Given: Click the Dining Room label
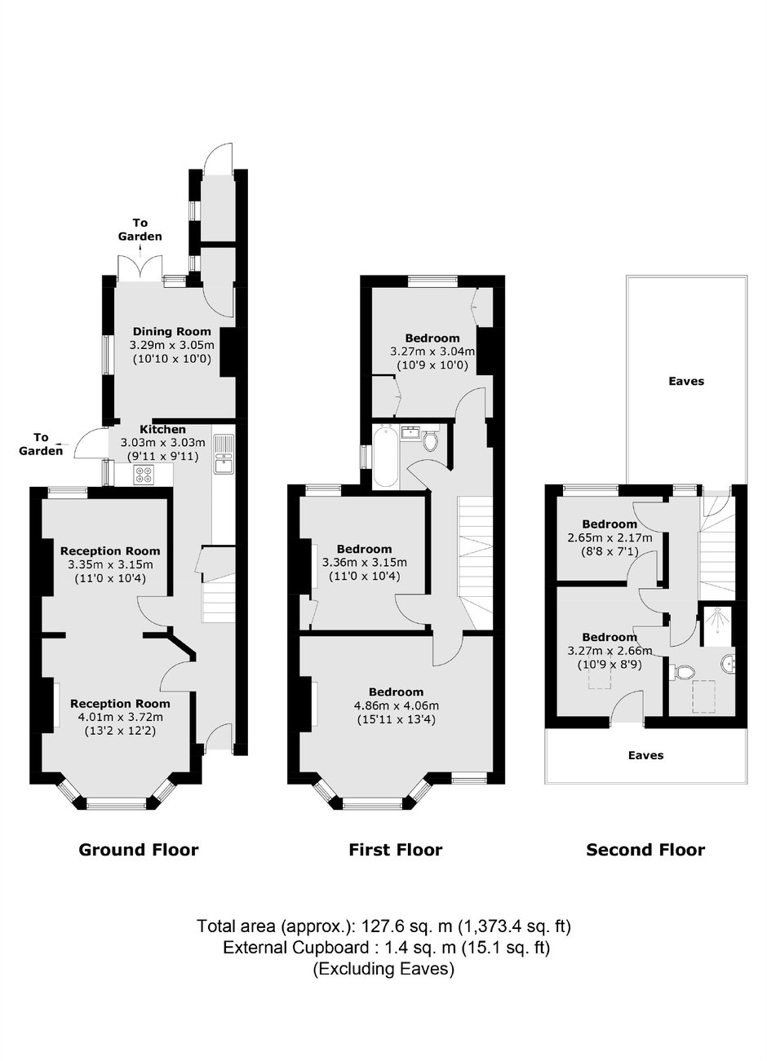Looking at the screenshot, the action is coord(171,332).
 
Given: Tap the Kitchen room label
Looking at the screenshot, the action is coord(162,430).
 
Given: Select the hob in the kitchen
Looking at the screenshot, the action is coord(144,474).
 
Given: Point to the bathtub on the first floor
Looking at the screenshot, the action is coord(385,457).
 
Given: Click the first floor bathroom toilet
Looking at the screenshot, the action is coord(431,441).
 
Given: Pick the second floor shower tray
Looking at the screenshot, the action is coord(718,626).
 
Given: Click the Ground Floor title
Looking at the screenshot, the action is coord(139,850).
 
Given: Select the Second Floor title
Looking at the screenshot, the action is coord(645,850).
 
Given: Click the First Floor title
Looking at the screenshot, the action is coord(396,850).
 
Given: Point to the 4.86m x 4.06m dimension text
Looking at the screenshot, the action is coord(397,705).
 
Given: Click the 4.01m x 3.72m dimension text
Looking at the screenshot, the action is coord(121,717).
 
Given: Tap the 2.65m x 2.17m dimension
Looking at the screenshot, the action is coord(610,537).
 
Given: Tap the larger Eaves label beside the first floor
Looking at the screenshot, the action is coord(686,381).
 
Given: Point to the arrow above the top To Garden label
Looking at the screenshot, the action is coord(140,251).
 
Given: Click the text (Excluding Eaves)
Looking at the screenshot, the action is coord(383,969).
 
